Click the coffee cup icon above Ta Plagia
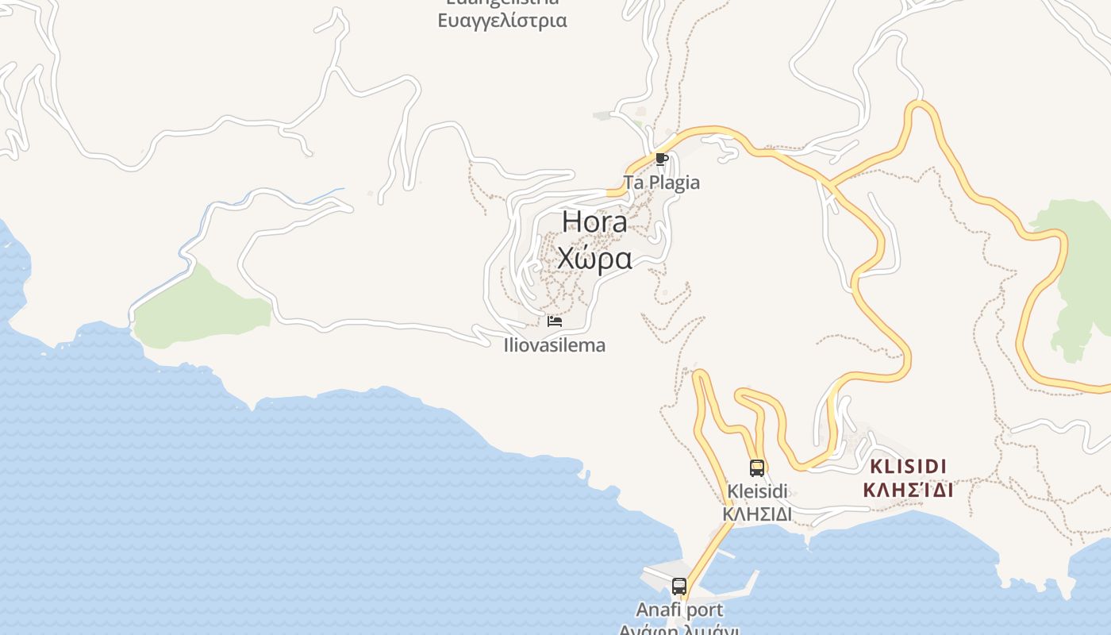click(661, 159)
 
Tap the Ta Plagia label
click(662, 183)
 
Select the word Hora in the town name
click(594, 222)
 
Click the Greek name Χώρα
click(594, 259)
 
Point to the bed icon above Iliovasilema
click(555, 321)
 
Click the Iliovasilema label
click(555, 345)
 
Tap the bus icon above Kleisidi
click(757, 468)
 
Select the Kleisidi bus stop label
click(757, 491)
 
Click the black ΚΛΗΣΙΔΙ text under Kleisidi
click(757, 514)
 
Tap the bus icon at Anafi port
click(679, 587)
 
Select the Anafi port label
click(679, 610)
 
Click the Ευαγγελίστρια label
click(502, 21)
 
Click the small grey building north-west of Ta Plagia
click(602, 116)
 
